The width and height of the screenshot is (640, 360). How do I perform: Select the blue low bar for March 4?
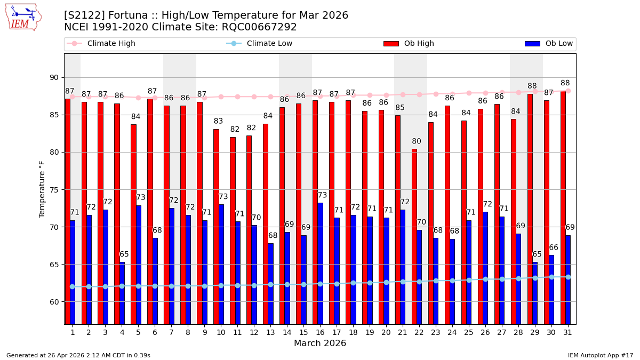pyautogui.click(x=122, y=293)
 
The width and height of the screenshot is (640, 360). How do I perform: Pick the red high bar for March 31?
pyautogui.click(x=563, y=207)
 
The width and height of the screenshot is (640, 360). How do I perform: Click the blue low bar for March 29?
pyautogui.click(x=535, y=293)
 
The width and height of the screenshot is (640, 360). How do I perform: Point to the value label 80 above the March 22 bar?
pyautogui.click(x=417, y=141)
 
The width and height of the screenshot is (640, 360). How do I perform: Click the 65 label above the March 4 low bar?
pyautogui.click(x=124, y=254)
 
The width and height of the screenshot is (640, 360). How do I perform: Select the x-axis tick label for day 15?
pyautogui.click(x=303, y=332)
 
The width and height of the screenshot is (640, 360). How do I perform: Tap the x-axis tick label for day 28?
pyautogui.click(x=518, y=332)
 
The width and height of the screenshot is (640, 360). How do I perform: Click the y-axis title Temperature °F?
pyautogui.click(x=42, y=189)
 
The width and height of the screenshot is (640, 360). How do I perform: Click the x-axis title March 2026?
pyautogui.click(x=320, y=343)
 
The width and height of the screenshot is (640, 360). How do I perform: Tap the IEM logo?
pyautogui.click(x=23, y=17)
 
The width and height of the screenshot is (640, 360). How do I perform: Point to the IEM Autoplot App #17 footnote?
pyautogui.click(x=601, y=355)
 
